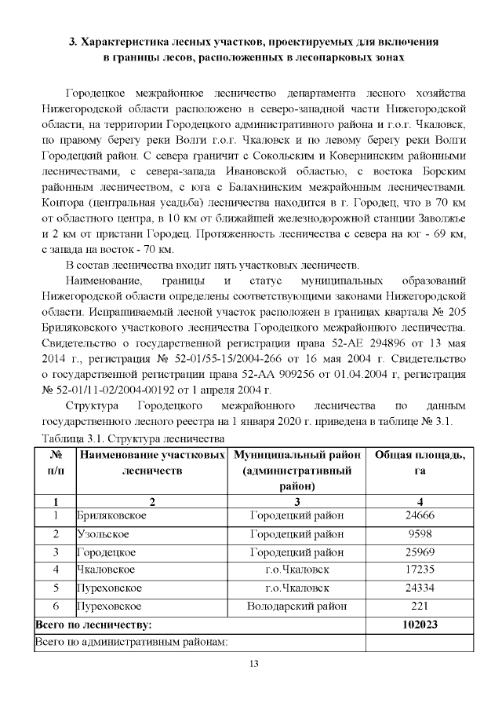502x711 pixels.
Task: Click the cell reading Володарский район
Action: point(296,607)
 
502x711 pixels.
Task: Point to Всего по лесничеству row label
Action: point(93,625)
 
